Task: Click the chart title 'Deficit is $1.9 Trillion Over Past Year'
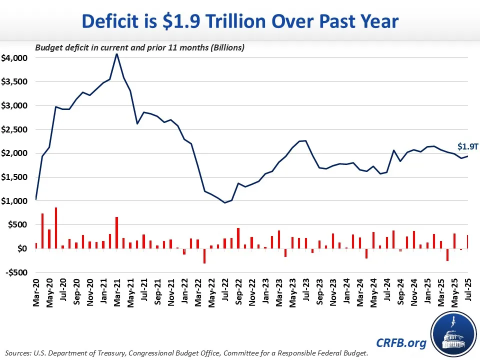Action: pos(240,21)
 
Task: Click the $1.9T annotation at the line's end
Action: pos(467,146)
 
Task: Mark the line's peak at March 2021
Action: pos(116,54)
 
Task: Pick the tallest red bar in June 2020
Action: pos(55,228)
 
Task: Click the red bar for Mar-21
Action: pos(116,232)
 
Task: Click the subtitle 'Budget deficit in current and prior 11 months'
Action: pos(139,48)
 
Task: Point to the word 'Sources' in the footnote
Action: pos(18,353)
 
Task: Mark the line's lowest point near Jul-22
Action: pos(224,202)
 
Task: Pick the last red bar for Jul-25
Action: pos(467,242)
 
